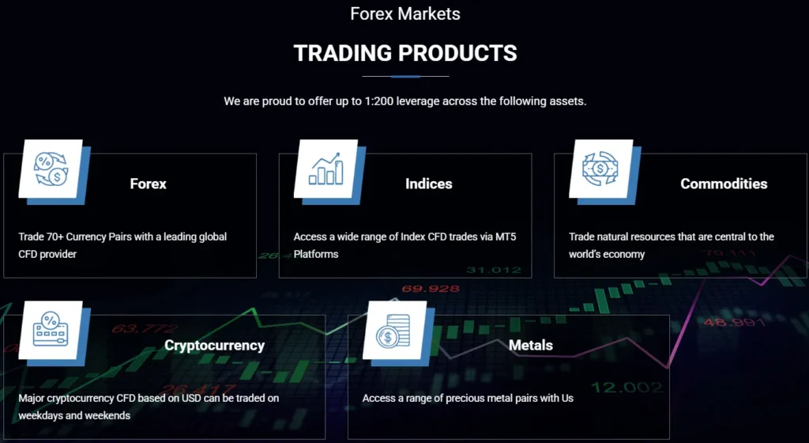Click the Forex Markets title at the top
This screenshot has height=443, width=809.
(405, 13)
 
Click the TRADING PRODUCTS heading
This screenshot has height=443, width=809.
(405, 53)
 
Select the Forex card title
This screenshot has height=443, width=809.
(149, 184)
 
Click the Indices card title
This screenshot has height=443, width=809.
(429, 184)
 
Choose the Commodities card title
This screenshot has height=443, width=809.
(724, 184)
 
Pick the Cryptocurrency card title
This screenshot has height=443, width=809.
(214, 346)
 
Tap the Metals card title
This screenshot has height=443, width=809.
(531, 346)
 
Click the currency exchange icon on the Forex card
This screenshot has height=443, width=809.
(50, 168)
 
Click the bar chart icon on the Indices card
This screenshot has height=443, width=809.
(325, 168)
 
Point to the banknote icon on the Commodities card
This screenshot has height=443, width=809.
(600, 168)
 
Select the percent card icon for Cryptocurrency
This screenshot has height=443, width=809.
(50, 330)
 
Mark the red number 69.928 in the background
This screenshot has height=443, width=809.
(431, 289)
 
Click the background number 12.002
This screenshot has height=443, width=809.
(616, 387)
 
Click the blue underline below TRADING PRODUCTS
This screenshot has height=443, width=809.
(405, 77)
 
